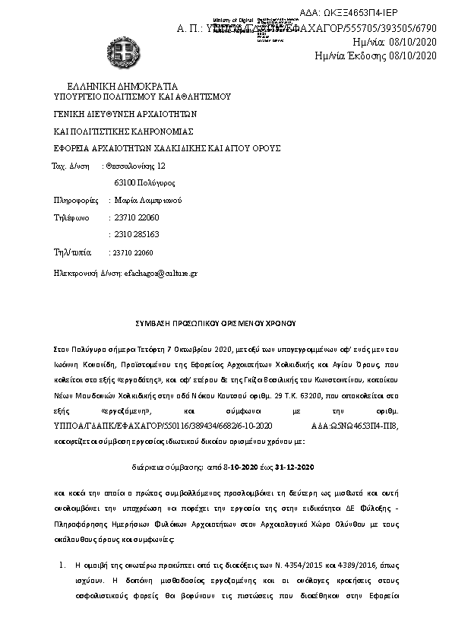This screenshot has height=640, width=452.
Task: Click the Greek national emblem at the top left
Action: [x=122, y=54]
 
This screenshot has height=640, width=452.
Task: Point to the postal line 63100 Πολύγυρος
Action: [x=144, y=183]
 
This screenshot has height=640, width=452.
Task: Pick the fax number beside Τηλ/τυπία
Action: [x=132, y=252]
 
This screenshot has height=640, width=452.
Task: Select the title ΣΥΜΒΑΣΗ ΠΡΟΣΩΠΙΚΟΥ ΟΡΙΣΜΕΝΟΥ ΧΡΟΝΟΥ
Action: [x=225, y=322]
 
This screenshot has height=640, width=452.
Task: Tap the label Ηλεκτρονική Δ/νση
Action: [x=86, y=271]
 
